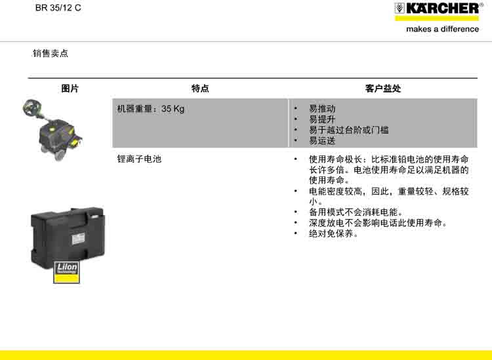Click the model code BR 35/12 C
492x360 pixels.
tap(58, 8)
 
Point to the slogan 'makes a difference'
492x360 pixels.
tap(442, 29)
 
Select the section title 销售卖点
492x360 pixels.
tap(51, 53)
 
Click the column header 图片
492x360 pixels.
tap(70, 89)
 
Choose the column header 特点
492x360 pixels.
tap(200, 89)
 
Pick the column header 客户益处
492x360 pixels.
tap(383, 89)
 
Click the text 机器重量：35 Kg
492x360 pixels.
tap(151, 109)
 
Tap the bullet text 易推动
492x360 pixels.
tap(322, 109)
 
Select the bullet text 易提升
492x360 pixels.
tap(322, 119)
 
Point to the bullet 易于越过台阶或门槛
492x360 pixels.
tap(349, 130)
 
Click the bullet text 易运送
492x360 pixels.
tap(322, 141)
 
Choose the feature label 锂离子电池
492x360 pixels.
tap(139, 159)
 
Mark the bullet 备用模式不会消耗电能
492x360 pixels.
tap(356, 212)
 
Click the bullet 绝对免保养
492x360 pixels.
tap(333, 233)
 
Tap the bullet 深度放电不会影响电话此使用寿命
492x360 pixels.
tap(378, 223)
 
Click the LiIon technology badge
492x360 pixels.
tap(66, 272)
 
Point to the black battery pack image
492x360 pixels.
tap(68, 238)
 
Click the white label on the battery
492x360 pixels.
tap(79, 239)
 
